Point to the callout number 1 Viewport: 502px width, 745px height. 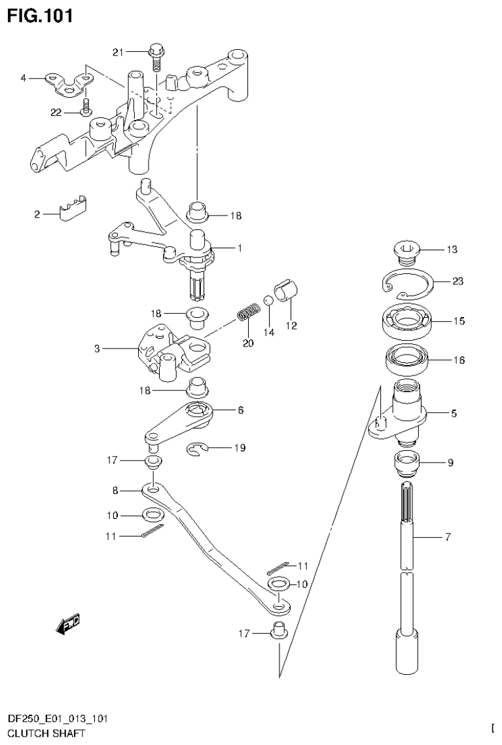[240, 248]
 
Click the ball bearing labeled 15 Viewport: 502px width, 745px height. [406, 321]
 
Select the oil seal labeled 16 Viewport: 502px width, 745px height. [406, 360]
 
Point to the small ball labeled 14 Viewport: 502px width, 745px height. [268, 301]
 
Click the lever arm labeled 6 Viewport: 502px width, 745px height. [178, 423]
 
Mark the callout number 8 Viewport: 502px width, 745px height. [115, 489]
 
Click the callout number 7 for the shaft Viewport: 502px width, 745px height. [447, 538]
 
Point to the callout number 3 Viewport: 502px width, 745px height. [96, 349]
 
